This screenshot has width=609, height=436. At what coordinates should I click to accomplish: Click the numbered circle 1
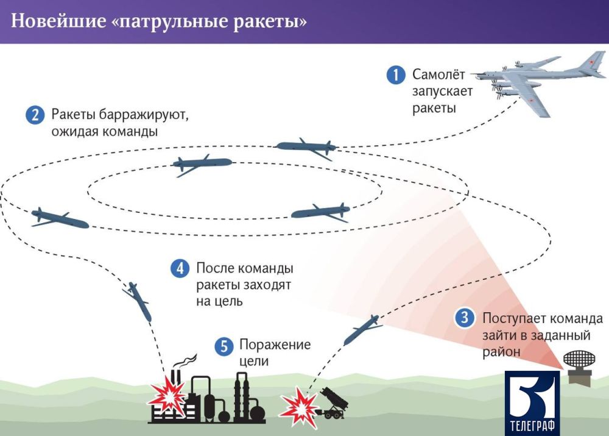(396, 74)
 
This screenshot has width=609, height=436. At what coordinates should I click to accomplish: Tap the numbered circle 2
(35, 115)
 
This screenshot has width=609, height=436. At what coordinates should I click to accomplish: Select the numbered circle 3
(465, 318)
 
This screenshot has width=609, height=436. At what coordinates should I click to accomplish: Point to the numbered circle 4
(180, 268)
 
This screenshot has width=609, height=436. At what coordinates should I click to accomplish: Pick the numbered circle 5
(224, 345)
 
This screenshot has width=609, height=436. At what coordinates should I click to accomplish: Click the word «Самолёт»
(438, 74)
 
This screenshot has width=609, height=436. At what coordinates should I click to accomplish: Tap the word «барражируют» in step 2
(143, 115)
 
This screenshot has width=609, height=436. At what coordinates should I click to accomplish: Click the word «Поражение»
(275, 345)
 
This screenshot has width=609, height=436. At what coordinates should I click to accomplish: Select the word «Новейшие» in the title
(58, 21)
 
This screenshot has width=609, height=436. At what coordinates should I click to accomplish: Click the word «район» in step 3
(501, 352)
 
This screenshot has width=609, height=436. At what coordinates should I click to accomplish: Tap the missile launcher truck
(333, 404)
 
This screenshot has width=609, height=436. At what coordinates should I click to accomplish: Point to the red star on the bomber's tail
(591, 62)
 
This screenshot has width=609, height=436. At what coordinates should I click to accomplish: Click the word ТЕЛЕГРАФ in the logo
(532, 425)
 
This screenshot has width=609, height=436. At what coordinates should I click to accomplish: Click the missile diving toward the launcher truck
(363, 330)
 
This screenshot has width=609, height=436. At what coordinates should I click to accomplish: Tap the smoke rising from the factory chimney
(185, 362)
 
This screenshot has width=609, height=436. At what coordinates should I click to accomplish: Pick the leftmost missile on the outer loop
(60, 218)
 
